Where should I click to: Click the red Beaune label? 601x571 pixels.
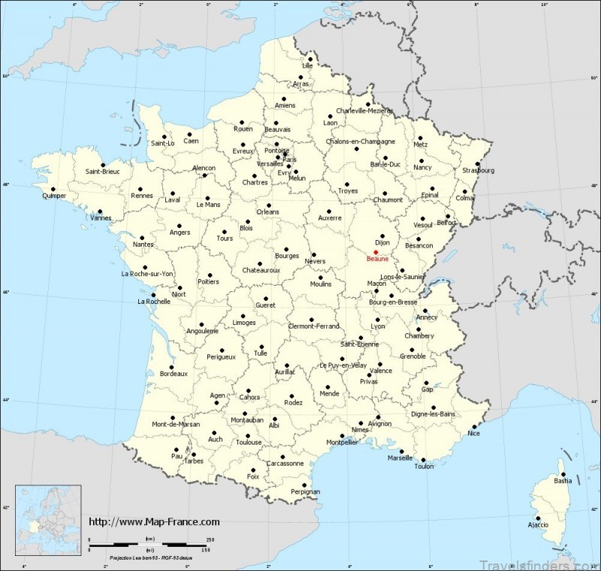[377, 258]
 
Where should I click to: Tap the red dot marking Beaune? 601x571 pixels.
[376, 251]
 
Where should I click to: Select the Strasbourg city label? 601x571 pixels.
[479, 170]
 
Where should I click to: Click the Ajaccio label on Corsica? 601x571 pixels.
[538, 524]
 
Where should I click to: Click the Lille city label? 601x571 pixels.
[307, 66]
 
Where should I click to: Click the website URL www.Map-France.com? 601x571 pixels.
[154, 521]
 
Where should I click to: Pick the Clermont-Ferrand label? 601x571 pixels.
[314, 326]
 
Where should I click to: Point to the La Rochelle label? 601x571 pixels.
[153, 302]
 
